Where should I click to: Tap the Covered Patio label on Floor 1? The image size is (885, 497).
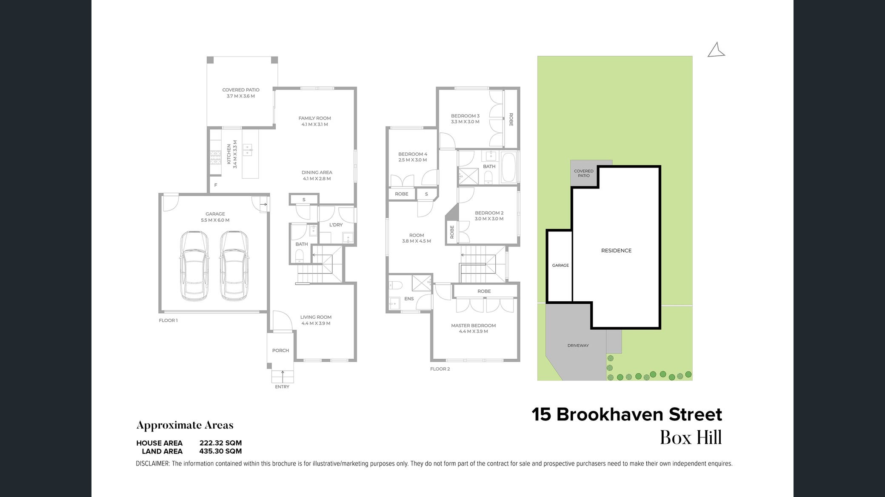241,93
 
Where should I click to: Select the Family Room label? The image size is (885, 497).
315,121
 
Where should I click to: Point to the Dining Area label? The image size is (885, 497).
317,175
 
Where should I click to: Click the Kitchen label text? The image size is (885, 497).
232,154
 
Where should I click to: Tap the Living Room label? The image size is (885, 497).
316,320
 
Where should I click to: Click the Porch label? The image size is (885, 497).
280,351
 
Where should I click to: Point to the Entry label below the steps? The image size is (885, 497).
282,387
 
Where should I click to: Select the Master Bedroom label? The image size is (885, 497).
474,328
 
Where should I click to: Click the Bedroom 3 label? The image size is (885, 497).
465,119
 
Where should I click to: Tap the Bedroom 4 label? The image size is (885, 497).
413,157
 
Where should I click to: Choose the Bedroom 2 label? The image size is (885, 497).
489,216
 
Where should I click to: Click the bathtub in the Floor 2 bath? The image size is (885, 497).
509,167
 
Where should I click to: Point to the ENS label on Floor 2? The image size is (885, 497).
409,299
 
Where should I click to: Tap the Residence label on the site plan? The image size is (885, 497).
616,251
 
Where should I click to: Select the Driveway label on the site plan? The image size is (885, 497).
578,346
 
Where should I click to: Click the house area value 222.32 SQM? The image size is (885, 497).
220,443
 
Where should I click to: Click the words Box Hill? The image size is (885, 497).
691,437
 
